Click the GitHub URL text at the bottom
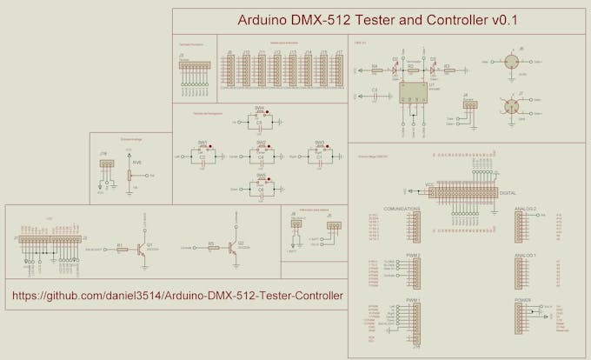coord(177,297)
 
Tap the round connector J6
coord(520,63)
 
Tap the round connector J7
coord(520,107)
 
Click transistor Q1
coord(140,247)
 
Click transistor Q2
coord(233,247)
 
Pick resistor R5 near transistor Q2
coord(212,248)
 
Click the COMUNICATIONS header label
coord(402,209)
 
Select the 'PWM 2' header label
coord(413,255)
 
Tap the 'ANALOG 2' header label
coord(526,209)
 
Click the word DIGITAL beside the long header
coord(508,193)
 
